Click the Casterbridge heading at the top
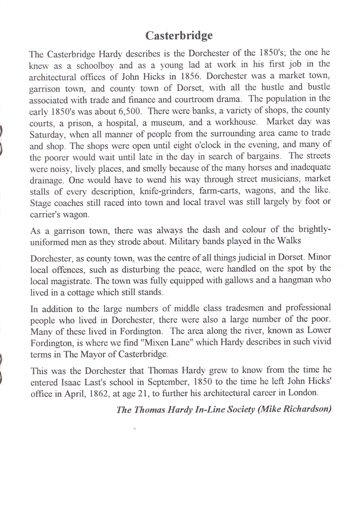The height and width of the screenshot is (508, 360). tap(179, 35)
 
